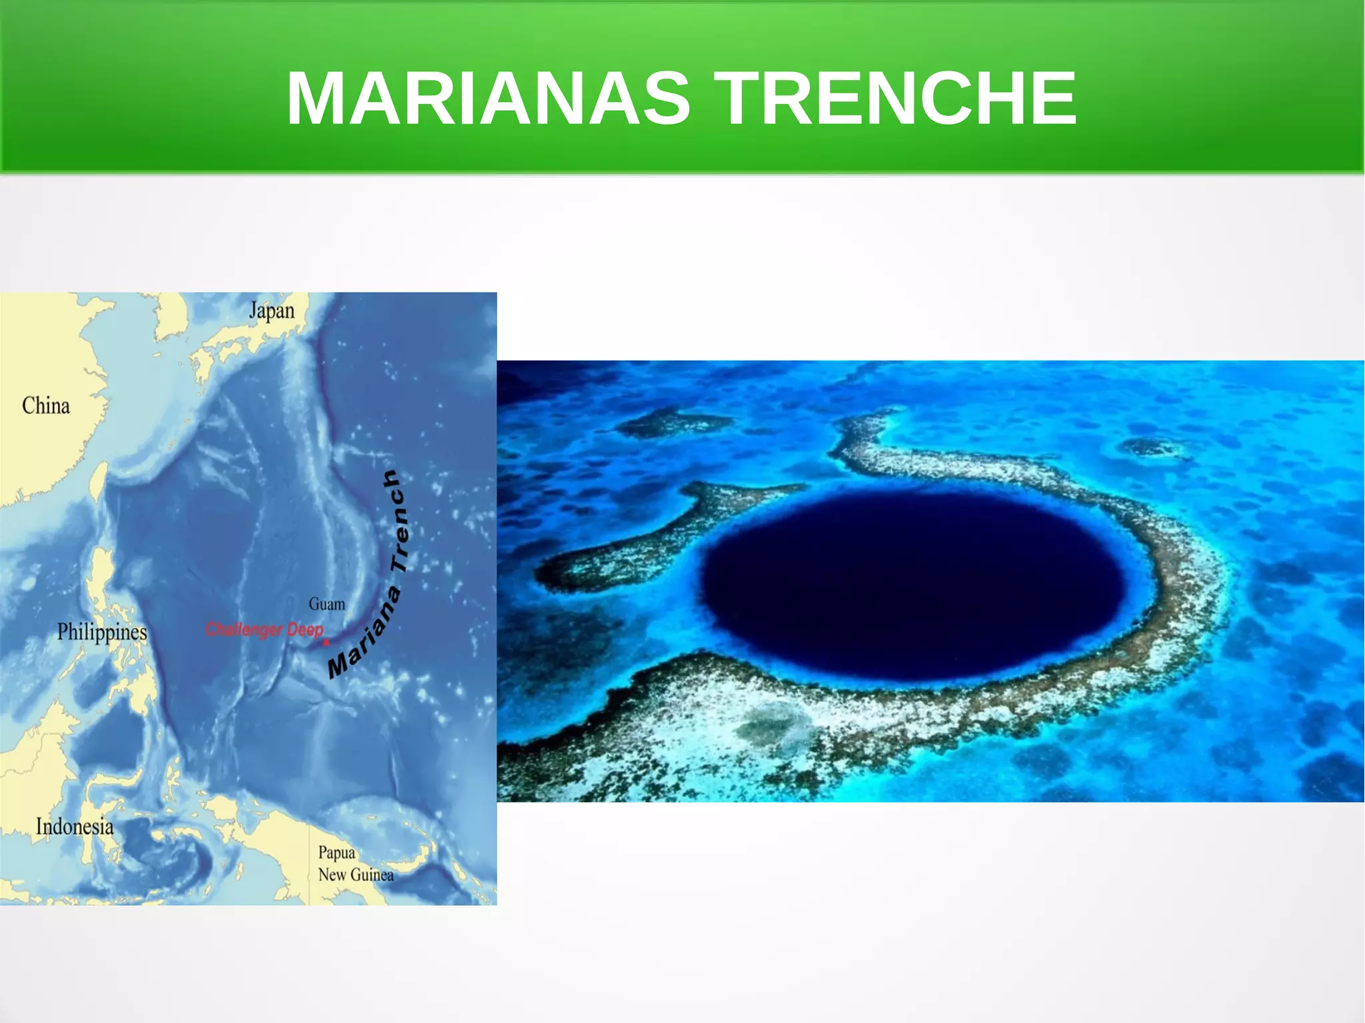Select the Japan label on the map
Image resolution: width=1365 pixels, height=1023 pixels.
[271, 311]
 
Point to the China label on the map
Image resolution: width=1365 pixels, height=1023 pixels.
[46, 405]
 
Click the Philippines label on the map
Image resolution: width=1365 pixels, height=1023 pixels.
[102, 631]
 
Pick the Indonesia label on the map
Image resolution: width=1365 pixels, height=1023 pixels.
[75, 826]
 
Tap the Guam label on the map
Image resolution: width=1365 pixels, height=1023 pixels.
[327, 604]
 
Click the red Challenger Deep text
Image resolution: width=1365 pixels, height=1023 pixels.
[265, 629]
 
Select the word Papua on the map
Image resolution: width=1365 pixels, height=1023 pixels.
[337, 852]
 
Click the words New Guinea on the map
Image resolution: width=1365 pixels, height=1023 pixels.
[356, 874]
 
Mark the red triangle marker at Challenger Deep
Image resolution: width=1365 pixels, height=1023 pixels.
[326, 642]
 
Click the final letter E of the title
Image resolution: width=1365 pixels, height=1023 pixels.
[1054, 99]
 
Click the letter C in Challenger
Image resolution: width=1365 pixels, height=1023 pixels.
[211, 629]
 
